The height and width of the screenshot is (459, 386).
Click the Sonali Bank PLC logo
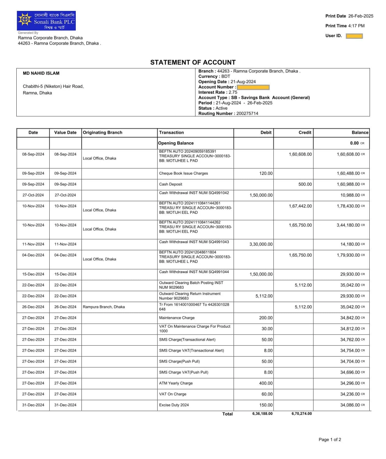(x=46, y=21)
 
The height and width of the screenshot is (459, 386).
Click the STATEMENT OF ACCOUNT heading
(x=193, y=63)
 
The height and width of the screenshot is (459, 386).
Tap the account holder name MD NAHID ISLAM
(x=41, y=73)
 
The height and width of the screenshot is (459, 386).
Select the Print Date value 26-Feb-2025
(x=361, y=16)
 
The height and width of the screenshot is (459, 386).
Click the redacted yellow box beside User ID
(x=354, y=36)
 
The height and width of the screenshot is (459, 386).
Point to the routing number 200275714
(x=247, y=114)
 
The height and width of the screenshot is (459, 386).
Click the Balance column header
(x=360, y=133)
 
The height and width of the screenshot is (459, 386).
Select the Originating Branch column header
(x=102, y=133)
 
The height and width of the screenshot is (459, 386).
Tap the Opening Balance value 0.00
(x=354, y=143)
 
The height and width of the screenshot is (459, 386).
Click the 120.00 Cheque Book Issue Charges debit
(x=266, y=173)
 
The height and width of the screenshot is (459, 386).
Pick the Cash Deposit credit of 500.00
(x=305, y=184)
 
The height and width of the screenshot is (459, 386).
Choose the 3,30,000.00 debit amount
(x=261, y=244)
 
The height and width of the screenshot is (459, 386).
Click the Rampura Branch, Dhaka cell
(x=104, y=307)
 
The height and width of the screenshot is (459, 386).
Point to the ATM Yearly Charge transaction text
(x=176, y=383)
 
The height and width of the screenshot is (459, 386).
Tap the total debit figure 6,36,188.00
(x=262, y=414)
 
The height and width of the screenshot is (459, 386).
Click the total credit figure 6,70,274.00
(x=301, y=414)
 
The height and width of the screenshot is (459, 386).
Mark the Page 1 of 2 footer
(x=330, y=439)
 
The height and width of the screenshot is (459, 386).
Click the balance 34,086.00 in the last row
(x=350, y=405)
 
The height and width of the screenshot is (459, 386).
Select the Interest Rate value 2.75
(x=233, y=92)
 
